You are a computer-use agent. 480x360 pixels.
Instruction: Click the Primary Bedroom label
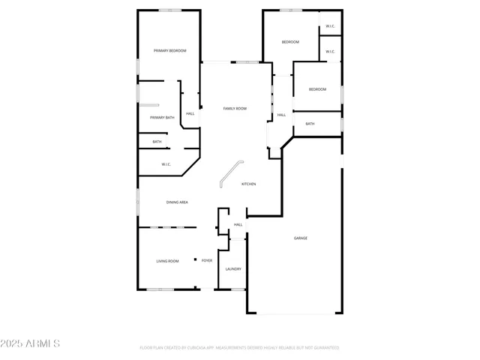click(169, 50)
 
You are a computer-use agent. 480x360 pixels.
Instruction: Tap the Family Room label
click(235, 109)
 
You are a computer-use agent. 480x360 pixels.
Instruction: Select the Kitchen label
click(248, 184)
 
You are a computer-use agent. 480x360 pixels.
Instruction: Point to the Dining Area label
click(177, 202)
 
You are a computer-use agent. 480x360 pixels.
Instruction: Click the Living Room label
click(167, 261)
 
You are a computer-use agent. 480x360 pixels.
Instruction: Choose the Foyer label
click(206, 261)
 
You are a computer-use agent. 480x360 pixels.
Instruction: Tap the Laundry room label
click(233, 268)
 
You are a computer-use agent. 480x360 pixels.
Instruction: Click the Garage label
click(300, 238)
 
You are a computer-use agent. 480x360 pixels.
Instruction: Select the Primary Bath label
click(162, 118)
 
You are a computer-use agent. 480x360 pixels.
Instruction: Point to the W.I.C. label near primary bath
click(166, 164)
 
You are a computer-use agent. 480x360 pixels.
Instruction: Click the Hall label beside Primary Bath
click(190, 114)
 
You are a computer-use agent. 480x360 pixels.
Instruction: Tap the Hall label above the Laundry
click(238, 225)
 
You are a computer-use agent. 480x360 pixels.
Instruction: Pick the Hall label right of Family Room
click(281, 115)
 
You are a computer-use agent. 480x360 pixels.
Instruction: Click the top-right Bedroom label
click(290, 42)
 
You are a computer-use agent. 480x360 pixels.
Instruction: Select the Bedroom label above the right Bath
click(317, 90)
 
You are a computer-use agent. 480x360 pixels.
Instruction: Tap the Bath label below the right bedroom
click(310, 124)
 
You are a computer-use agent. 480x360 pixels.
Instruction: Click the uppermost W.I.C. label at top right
click(330, 27)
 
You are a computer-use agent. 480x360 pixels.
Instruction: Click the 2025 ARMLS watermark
click(31, 343)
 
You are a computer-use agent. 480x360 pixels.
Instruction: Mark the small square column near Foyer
click(196, 259)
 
